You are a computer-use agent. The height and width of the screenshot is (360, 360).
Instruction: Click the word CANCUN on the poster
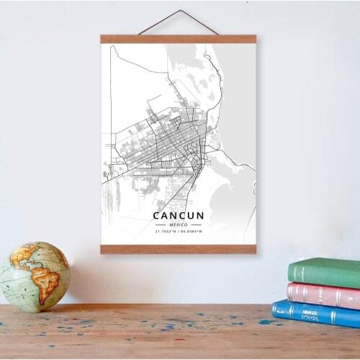pyautogui.click(x=178, y=215)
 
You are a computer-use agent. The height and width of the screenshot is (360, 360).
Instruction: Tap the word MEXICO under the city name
pyautogui.click(x=178, y=224)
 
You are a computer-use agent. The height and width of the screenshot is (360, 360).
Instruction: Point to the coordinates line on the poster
pyautogui.click(x=178, y=231)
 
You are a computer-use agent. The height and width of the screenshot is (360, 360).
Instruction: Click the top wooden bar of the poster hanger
pyautogui.click(x=178, y=39)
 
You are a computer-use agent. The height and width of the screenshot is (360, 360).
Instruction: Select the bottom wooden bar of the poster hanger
pyautogui.click(x=178, y=249)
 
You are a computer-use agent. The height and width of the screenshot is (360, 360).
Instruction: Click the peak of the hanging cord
pyautogui.click(x=178, y=11)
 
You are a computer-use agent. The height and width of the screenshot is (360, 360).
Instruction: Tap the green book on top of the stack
pyautogui.click(x=325, y=272)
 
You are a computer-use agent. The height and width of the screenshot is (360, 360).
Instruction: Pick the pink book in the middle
pyautogui.click(x=324, y=294)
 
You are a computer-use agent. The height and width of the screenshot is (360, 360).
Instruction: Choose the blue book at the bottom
pyautogui.click(x=317, y=313)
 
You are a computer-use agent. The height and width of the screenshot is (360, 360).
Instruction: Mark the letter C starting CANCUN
pyautogui.click(x=156, y=215)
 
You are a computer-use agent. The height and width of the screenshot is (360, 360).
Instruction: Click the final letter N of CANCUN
pyautogui.click(x=200, y=215)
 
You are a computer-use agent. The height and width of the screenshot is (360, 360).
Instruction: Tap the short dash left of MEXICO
pyautogui.click(x=160, y=224)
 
